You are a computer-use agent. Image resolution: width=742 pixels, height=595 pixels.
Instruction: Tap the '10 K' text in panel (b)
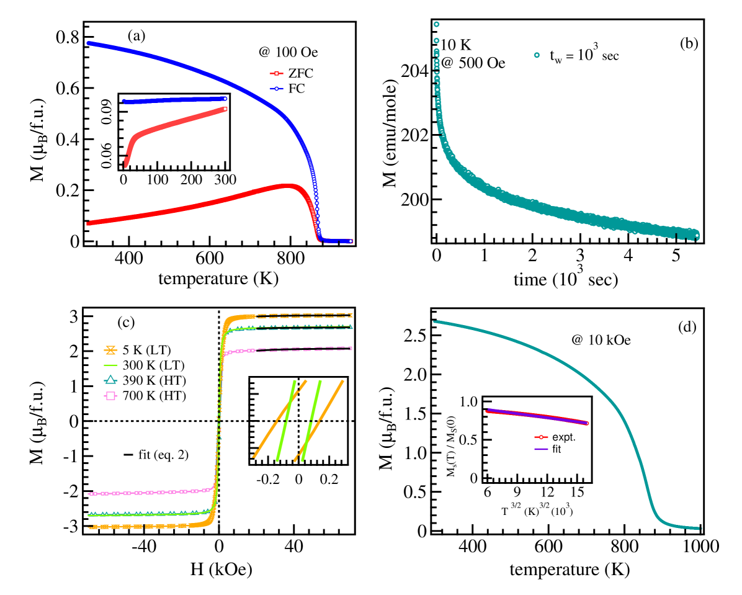pos(457,45)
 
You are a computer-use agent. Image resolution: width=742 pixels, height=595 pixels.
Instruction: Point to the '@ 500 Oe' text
pos(472,63)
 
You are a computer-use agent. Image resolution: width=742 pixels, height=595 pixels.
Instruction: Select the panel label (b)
pos(689,43)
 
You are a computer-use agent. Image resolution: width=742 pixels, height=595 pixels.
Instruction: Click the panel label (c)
pos(126,323)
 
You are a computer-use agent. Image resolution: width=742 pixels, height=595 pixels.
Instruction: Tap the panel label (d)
pos(687,327)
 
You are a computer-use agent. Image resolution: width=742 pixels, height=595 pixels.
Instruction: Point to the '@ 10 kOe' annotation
pos(601,340)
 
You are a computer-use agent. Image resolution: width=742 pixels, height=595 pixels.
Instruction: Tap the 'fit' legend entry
pos(556,449)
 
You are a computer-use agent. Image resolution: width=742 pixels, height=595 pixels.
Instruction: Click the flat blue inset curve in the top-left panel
pos(174,100)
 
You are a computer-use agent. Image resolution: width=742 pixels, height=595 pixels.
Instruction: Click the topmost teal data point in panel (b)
pos(436,24)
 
